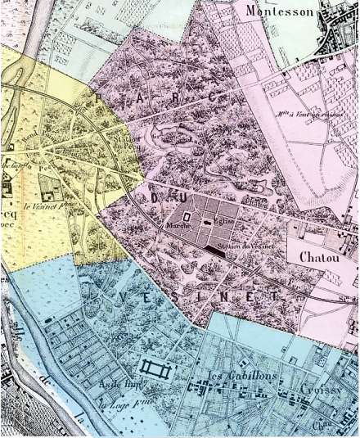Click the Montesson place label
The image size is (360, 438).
tap(281, 11)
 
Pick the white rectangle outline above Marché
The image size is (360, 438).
tap(187, 217)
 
